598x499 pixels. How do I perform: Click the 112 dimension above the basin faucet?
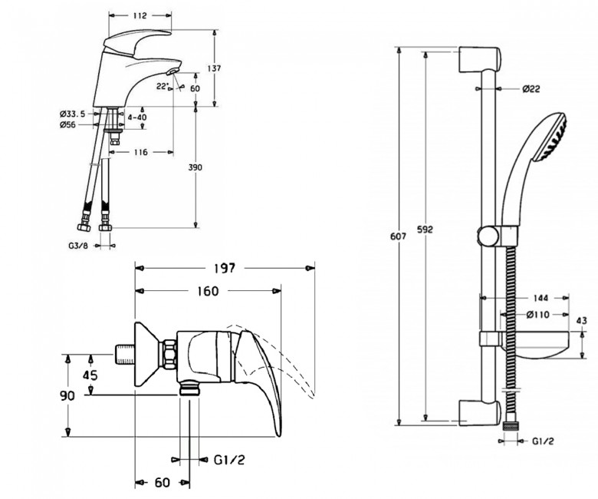click(x=140, y=15)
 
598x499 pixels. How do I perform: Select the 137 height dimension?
click(x=214, y=68)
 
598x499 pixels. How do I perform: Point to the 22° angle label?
click(x=162, y=86)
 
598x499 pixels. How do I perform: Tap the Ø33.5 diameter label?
click(x=73, y=114)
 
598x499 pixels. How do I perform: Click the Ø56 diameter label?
click(x=67, y=124)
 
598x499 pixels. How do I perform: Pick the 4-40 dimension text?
click(x=137, y=117)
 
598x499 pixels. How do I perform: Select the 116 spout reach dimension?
click(x=141, y=152)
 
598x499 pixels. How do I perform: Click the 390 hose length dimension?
click(x=195, y=167)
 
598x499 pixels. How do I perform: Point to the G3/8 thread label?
click(x=78, y=246)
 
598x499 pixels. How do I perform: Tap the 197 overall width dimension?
click(x=224, y=268)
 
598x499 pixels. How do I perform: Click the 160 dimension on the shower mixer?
click(x=208, y=291)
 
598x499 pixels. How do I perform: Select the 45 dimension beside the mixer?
click(x=90, y=375)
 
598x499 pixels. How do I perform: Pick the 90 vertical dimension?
click(x=67, y=396)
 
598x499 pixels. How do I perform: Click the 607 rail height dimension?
click(x=398, y=236)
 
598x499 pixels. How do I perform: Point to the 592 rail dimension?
click(x=425, y=230)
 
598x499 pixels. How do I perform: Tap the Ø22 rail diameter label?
click(x=531, y=89)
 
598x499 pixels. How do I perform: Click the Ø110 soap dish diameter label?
click(x=537, y=315)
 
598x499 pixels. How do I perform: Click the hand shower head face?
click(x=551, y=138)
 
